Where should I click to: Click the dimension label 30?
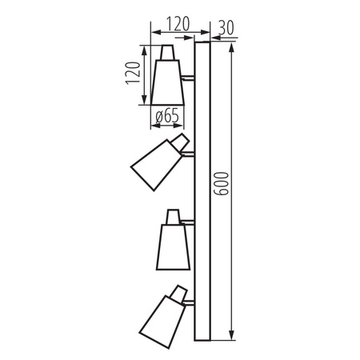226,26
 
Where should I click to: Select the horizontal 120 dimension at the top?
174,25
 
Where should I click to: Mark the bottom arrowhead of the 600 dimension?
232,334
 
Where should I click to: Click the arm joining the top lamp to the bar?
189,78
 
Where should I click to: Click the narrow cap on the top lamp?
168,53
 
